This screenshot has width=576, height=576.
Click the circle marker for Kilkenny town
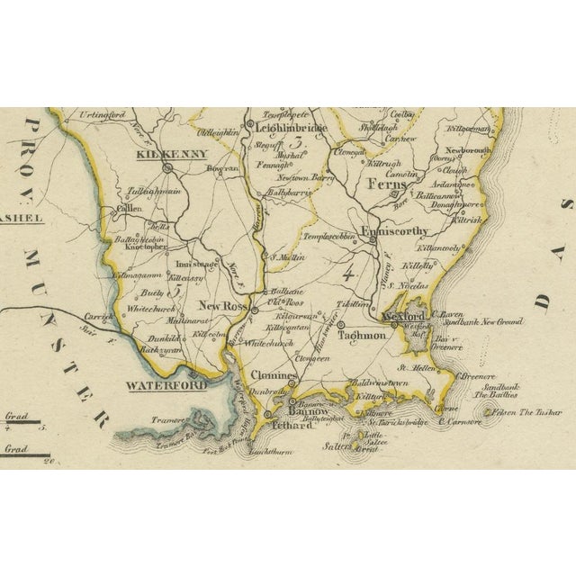click(x=167, y=166)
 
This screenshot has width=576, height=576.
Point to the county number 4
click(x=346, y=266)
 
